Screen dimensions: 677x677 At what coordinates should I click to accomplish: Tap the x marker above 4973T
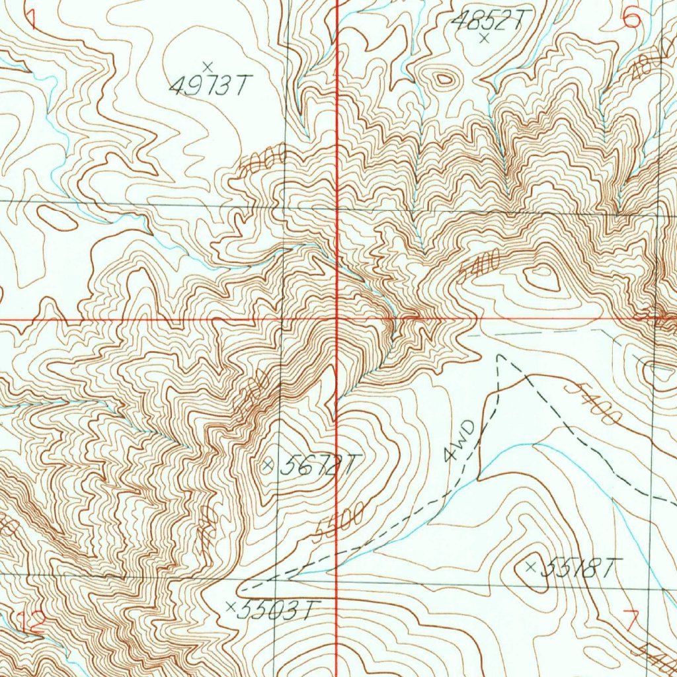coord(208,66)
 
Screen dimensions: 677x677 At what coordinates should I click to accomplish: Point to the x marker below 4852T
coord(484,38)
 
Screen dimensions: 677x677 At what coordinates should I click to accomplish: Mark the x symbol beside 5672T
coord(268,465)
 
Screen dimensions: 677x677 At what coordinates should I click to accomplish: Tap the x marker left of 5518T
coord(530,567)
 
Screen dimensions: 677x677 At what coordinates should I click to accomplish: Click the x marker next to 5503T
coord(231,606)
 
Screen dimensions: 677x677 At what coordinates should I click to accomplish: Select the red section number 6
coord(631,18)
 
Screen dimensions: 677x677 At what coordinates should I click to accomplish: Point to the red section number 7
coord(631,621)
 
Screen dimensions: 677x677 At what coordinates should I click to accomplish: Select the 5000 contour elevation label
coord(262,163)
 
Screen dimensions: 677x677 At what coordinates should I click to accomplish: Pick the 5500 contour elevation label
coord(340,522)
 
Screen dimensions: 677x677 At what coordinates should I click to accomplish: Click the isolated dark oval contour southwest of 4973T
coord(58,218)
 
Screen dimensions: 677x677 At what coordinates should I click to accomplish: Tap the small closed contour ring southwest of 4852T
coord(444,81)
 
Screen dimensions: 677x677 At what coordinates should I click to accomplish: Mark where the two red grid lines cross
coord(337,319)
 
